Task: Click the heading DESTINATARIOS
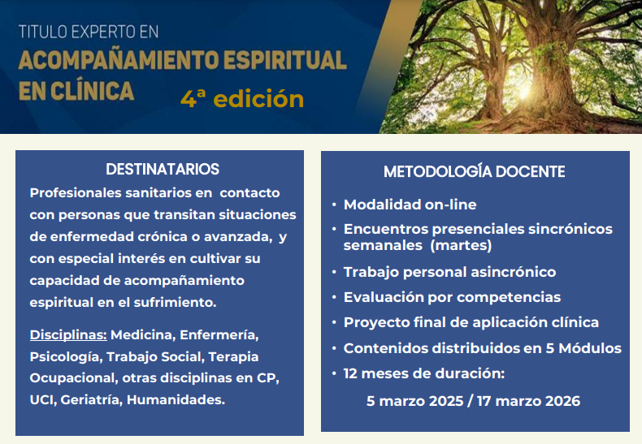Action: [x=163, y=170]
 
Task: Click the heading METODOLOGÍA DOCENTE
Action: [x=475, y=172]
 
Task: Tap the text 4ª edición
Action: [x=242, y=99]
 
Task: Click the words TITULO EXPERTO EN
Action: [x=89, y=32]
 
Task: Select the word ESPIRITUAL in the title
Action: [x=284, y=61]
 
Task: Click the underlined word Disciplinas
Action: [x=68, y=335]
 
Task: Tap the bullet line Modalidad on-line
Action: [x=410, y=205]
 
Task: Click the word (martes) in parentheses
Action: [x=461, y=244]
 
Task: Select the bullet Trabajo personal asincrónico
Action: [x=449, y=272]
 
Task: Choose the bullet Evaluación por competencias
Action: [x=452, y=297]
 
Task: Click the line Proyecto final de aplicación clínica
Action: [x=471, y=322]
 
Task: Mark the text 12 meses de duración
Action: [x=424, y=374]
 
